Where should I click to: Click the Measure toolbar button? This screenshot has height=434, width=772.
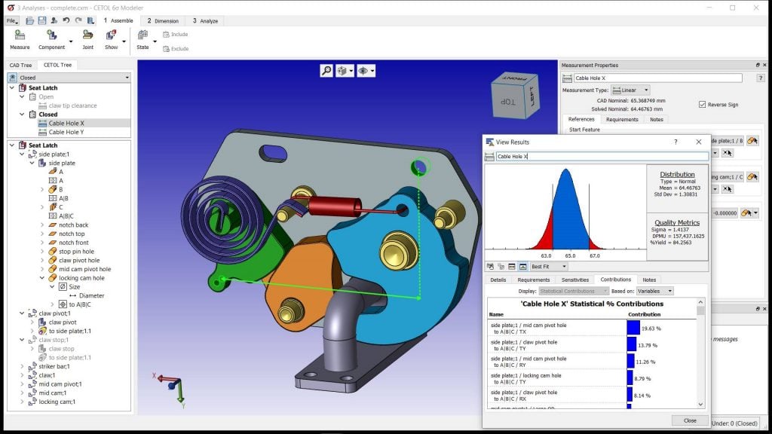20,38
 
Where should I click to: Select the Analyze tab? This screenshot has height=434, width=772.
205,21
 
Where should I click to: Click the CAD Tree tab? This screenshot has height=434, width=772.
20,66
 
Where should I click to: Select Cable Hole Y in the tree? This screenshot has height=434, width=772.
66,132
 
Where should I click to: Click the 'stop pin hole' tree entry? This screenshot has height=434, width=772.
76,252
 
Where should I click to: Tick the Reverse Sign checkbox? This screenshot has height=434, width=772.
703,105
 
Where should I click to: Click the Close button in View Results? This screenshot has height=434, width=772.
689,420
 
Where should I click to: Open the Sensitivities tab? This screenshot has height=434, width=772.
574,280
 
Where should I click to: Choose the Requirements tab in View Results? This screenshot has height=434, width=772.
533,280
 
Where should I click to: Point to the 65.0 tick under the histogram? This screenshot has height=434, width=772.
571,255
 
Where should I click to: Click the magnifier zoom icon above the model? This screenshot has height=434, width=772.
326,71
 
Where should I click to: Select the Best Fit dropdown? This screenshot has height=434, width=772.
549,267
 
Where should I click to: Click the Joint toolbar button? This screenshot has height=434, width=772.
87,38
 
